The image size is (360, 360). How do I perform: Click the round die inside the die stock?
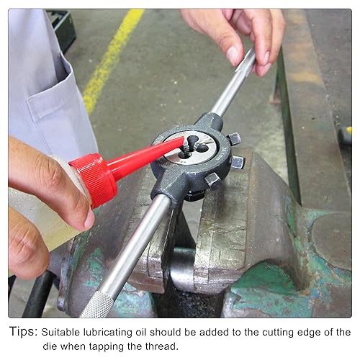(x=191, y=147)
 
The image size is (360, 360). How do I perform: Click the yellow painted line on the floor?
(x=112, y=58)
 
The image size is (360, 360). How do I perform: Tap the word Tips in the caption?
(x=24, y=332)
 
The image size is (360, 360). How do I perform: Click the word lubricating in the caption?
(x=108, y=333)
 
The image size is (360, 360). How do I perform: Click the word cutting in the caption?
(x=278, y=333)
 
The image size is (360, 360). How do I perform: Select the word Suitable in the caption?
(x=60, y=332)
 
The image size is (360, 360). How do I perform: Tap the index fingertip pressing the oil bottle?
(x=89, y=220)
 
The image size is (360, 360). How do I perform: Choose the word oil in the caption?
(x=142, y=332)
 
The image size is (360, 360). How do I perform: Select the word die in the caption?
(x=50, y=346)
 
